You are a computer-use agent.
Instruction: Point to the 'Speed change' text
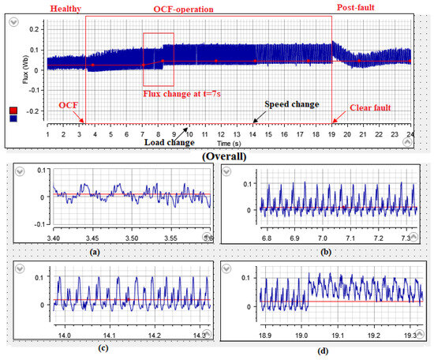[x=292, y=104]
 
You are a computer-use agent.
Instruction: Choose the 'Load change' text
[x=168, y=142]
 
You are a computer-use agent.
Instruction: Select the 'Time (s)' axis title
[x=230, y=144]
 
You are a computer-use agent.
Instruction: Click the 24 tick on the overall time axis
[x=411, y=134]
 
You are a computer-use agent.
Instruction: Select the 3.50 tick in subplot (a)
[x=133, y=236]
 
